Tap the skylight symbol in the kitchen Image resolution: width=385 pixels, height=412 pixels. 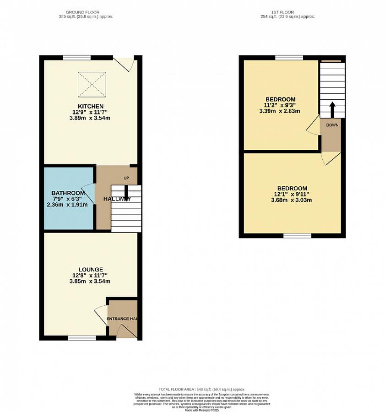90,84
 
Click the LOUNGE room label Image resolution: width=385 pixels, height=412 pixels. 90,269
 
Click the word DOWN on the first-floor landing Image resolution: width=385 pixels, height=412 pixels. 332,125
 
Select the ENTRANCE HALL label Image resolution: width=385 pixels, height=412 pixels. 122,319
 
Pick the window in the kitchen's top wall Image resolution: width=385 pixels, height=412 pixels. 76,58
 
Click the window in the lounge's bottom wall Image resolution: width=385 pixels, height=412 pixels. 82,338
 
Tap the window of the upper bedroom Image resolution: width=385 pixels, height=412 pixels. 289,58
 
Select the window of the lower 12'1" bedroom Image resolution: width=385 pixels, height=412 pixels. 297,235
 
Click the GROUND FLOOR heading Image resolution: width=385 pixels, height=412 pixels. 82,12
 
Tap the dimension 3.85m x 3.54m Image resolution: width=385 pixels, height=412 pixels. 90,281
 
